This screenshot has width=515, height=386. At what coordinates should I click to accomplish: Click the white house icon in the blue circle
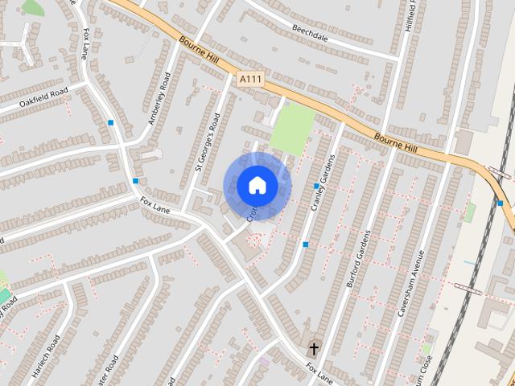point(257,185)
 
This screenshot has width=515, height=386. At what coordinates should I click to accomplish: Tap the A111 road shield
point(249,78)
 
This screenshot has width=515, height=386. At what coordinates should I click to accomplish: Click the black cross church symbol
point(313,349)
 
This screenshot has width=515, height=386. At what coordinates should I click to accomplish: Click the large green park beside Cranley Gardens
point(292,128)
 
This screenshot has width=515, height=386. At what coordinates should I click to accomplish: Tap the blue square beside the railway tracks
point(500,203)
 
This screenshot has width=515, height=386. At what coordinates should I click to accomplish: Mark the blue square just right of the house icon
point(316,186)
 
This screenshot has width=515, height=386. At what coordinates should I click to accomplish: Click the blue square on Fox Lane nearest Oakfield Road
point(110,122)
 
